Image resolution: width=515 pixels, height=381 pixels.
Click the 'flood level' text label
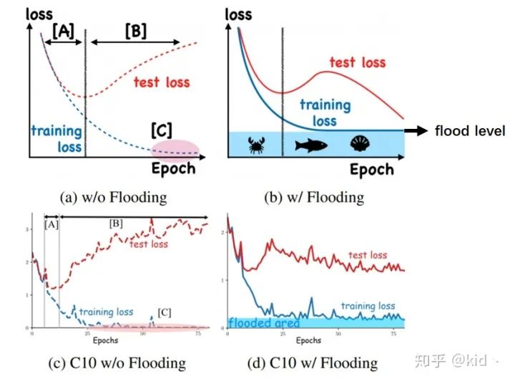pyautogui.click(x=470, y=131)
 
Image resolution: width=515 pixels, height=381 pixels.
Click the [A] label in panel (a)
pyautogui.click(x=62, y=31)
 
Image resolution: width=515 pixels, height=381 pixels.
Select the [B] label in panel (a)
pyautogui.click(x=135, y=31)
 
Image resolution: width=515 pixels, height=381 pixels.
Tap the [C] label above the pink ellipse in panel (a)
pyautogui.click(x=162, y=131)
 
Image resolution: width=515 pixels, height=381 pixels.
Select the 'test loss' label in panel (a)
pyautogui.click(x=162, y=82)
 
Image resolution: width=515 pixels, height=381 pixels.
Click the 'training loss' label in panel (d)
pyautogui.click(x=368, y=306)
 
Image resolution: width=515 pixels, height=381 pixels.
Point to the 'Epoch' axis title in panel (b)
pyautogui.click(x=371, y=170)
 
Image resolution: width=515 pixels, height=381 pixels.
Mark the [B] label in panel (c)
pyautogui.click(x=116, y=223)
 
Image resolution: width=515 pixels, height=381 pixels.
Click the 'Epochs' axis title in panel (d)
pyautogui.click(x=308, y=340)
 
